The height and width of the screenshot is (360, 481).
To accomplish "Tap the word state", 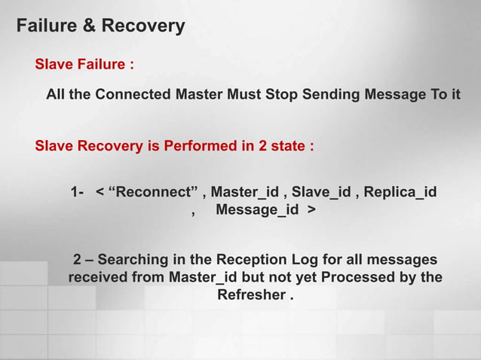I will (286, 146).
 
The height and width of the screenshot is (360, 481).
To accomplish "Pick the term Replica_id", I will (400, 192).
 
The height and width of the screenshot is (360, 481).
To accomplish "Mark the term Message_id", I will (256, 210).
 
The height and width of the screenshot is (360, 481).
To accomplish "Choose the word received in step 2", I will (98, 278).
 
